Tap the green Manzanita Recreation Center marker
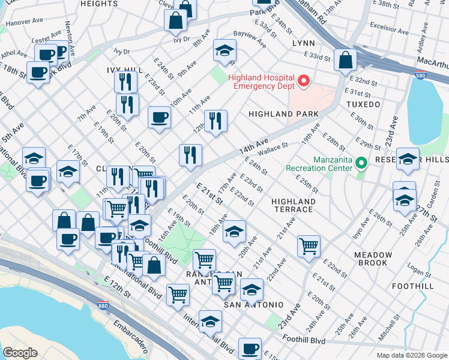[x=361, y=163]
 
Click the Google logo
[x=20, y=352]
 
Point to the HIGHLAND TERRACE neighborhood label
[x=292, y=205]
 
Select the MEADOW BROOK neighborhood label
[x=373, y=259]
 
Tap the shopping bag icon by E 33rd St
[x=346, y=59]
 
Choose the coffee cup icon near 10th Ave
[x=159, y=117]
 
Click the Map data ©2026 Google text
[x=411, y=355]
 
